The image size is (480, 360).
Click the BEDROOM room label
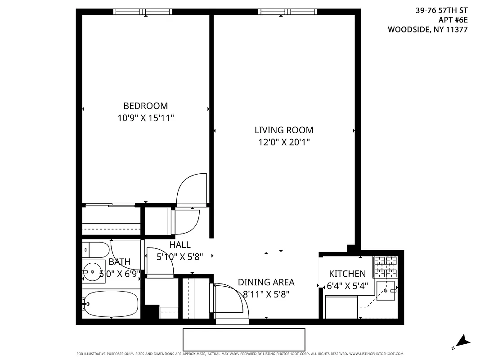coord(145,106)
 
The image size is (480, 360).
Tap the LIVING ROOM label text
coord(284,130)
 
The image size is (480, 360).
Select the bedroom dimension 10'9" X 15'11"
coord(145,118)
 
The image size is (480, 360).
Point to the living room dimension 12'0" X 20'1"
coord(284,142)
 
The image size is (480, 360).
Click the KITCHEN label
coord(347,274)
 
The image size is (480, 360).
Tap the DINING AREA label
coord(266,282)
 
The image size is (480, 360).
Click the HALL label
coord(180,245)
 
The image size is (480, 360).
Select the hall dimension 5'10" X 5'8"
coord(180,257)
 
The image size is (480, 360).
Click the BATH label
coord(120,262)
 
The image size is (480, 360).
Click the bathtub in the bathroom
coord(111,304)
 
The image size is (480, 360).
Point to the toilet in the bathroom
coord(96,249)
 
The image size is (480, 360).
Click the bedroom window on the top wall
coord(142,12)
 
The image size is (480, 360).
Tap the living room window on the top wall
coord(287,12)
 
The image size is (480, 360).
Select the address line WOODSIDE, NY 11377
coord(427,30)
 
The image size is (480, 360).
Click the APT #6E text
coord(453,20)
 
